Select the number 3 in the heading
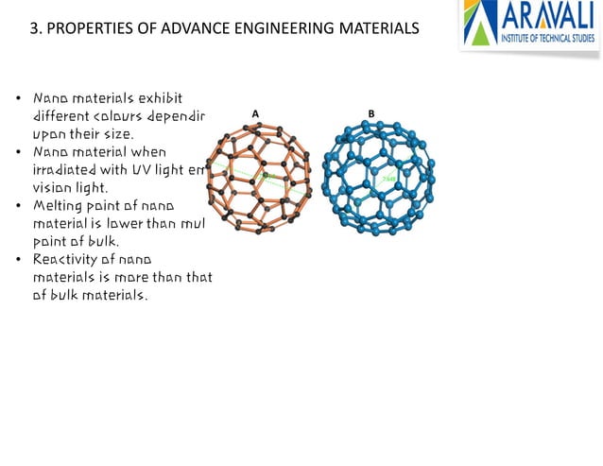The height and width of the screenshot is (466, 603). pos(35,29)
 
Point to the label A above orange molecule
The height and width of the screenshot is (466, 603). pos(255,114)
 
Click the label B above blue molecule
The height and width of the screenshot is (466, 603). pos(371,114)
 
